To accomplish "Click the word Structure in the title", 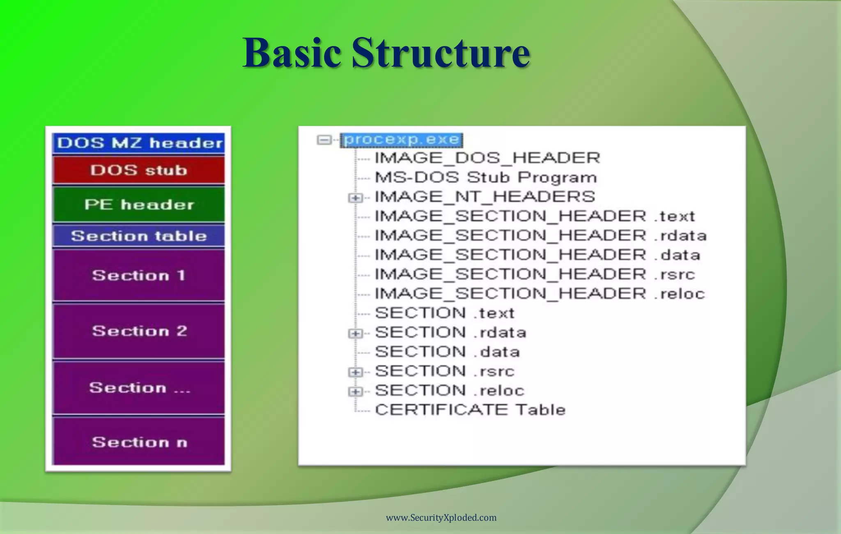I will click(440, 53).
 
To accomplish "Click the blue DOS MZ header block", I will click(139, 143).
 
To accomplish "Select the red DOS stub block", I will click(139, 170).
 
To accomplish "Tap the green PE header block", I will click(139, 205).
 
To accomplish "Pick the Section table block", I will click(139, 236).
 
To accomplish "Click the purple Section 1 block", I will click(139, 275).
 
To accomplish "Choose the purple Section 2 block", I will click(139, 331).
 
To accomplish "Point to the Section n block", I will click(139, 442).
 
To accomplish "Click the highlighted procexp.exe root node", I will click(402, 140).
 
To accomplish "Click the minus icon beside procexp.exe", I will click(324, 140).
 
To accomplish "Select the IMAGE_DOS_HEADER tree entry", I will click(487, 158).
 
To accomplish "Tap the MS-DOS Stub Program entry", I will click(485, 177).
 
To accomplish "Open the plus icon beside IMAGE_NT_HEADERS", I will click(355, 198).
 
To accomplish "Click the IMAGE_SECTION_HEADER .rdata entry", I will click(540, 236).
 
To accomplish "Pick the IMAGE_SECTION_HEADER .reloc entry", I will click(539, 294).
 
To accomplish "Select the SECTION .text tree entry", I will click(444, 313).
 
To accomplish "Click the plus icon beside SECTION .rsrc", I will click(355, 372).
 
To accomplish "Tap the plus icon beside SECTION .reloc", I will click(355, 391).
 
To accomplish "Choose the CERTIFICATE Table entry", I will click(470, 410).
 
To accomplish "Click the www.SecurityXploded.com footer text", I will click(441, 518).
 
